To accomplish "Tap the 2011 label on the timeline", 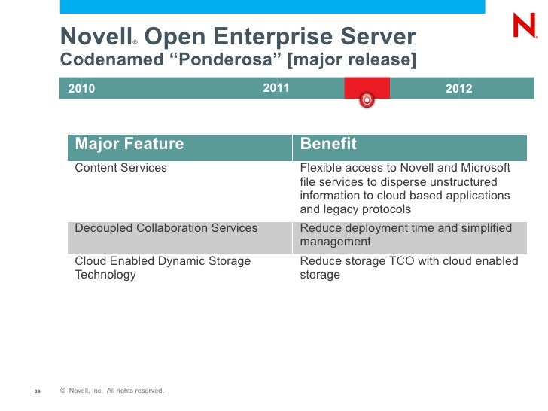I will pos(276,89).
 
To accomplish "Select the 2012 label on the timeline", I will pos(458,89).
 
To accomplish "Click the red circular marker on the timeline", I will pos(367,99).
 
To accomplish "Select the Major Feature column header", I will pos(129,144).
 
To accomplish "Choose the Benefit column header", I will pos(328,144).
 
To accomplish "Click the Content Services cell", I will pos(121,168).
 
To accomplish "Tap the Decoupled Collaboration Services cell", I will pos(166,228).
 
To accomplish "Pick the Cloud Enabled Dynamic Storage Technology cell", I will pos(163,268).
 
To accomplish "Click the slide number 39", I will pos(38,391).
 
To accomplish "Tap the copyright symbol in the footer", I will pos(62,390).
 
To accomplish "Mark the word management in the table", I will pos(335,242).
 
